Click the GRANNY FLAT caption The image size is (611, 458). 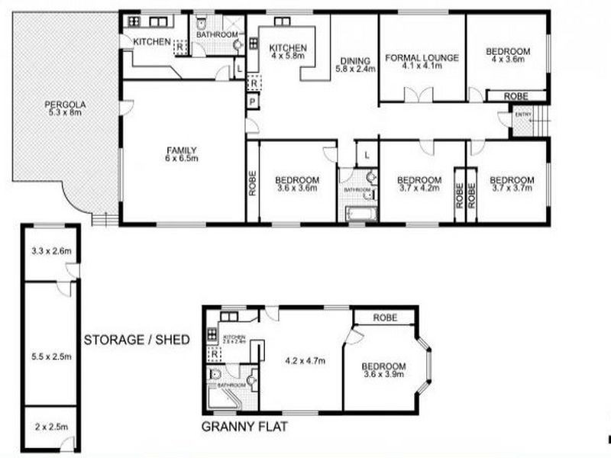tap(244, 427)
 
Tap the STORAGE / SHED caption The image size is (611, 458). tap(137, 339)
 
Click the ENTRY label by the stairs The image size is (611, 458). tap(522, 115)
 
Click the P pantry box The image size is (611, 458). tap(251, 102)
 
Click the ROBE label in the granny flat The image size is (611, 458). tap(384, 318)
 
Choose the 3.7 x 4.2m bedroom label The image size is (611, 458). tap(419, 185)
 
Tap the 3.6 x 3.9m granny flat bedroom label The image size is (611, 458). tap(383, 369)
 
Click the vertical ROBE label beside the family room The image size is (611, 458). tap(251, 182)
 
